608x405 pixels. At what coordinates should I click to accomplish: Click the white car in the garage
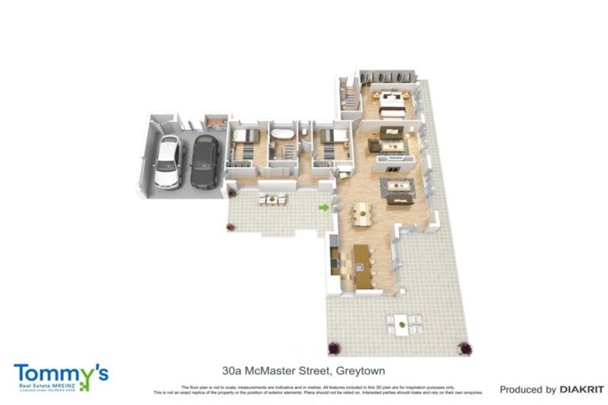tap(168, 161)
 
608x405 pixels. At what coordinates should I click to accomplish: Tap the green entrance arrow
tap(323, 207)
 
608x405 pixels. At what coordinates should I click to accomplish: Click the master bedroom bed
tap(391, 103)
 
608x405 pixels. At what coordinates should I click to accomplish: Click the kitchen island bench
tap(361, 256)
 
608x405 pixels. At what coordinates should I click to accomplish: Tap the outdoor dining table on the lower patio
tap(403, 323)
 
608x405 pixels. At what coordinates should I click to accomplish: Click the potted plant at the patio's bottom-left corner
tap(333, 347)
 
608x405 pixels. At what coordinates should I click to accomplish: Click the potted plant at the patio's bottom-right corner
tap(465, 347)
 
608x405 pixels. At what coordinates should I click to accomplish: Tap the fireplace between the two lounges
tap(397, 164)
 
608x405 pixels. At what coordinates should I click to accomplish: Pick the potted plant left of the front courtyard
tap(230, 227)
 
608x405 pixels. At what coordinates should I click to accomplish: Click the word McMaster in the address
tap(273, 369)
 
